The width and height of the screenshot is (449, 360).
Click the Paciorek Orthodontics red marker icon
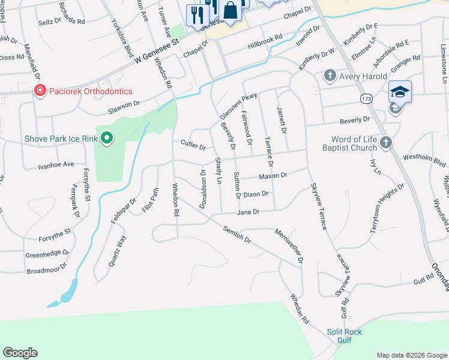coord(39,91)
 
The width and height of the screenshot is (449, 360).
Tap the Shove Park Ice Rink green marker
coord(107,139)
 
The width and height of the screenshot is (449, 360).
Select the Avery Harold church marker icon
coord(329,76)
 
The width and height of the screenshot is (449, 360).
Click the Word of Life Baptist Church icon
coord(386,143)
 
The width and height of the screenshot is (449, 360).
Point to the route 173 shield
coord(365,97)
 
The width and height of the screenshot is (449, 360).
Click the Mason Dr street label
coord(273,176)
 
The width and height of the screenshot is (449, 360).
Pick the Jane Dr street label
coord(248,212)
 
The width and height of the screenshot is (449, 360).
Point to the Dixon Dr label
coord(259,194)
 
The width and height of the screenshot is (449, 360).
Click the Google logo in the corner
coord(20,353)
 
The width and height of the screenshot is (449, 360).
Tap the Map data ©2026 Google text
coord(411,355)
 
